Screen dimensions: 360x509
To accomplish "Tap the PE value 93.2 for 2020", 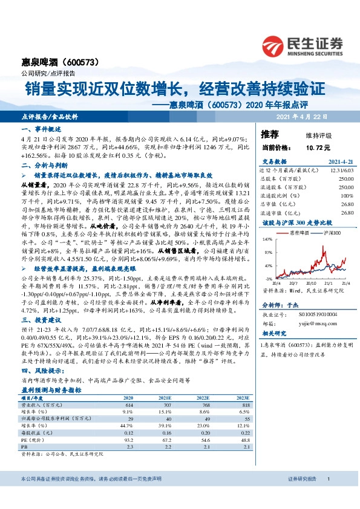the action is [x=128, y=441].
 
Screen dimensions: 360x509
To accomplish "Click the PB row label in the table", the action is [x=25, y=447].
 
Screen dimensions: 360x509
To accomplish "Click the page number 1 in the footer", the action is [x=327, y=479].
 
